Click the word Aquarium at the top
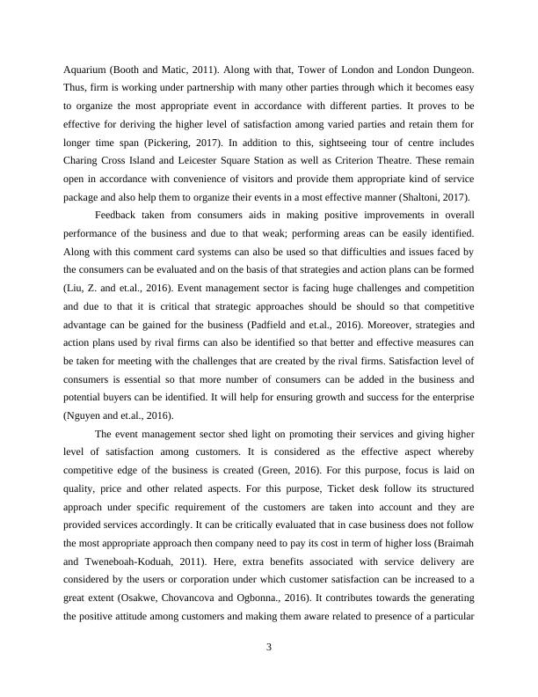[x=88, y=68]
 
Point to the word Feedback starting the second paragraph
[x=120, y=216]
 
